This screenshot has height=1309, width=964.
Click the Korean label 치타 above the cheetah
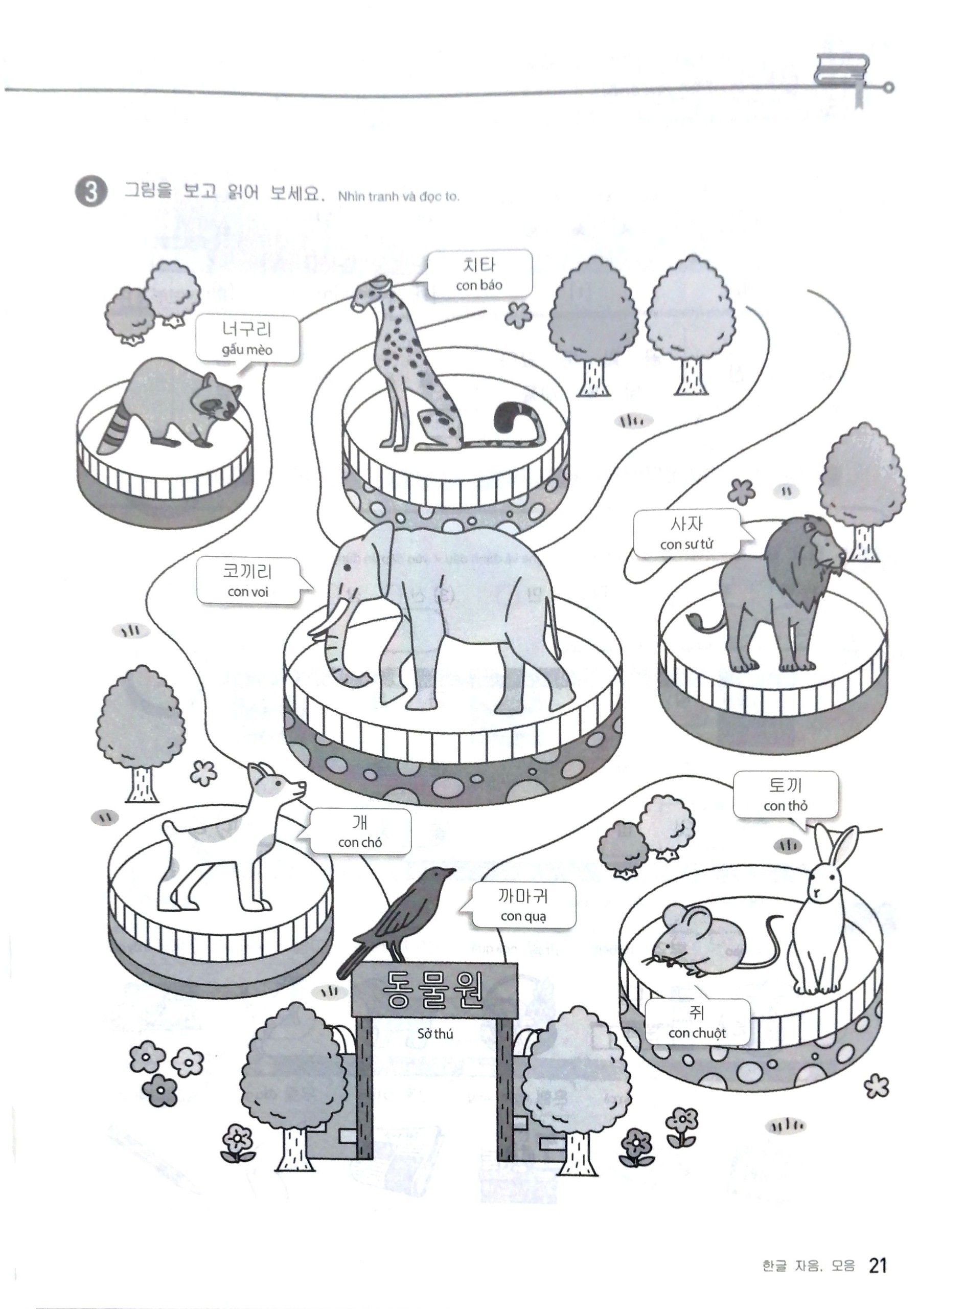pyautogui.click(x=478, y=265)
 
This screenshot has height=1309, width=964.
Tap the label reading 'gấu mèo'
pyautogui.click(x=247, y=350)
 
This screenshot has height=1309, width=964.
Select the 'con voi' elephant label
pyautogui.click(x=248, y=592)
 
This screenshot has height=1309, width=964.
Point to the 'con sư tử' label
pyautogui.click(x=686, y=545)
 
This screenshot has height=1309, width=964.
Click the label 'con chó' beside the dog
pyautogui.click(x=359, y=842)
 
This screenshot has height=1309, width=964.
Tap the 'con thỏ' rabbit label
pyautogui.click(x=786, y=806)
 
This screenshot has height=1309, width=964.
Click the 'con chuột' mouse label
pyautogui.click(x=697, y=1033)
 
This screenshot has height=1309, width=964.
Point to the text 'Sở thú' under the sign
pyautogui.click(x=435, y=1034)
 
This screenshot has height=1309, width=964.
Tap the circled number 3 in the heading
pyautogui.click(x=91, y=193)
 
